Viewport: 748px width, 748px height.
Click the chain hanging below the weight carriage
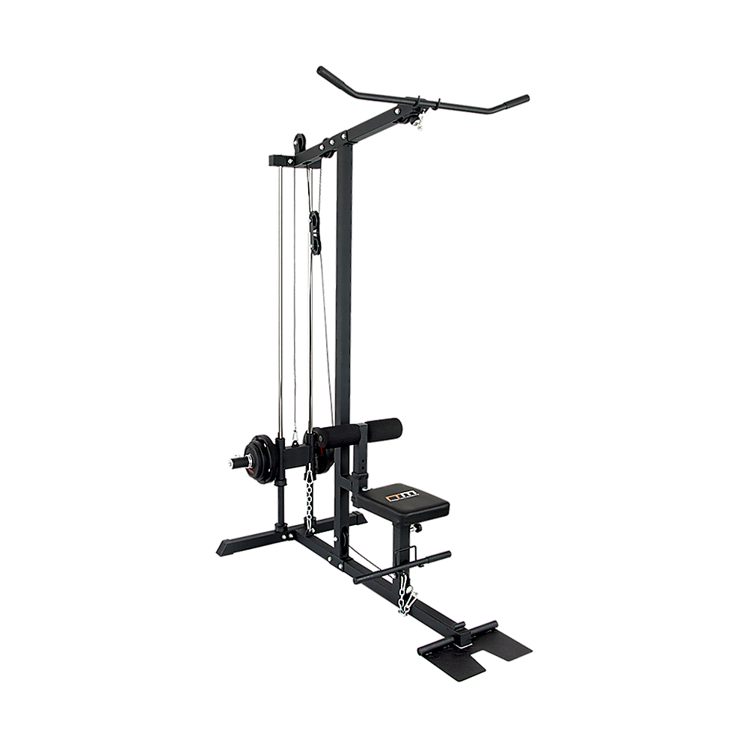pos(307,497)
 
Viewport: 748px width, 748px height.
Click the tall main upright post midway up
pos(343,299)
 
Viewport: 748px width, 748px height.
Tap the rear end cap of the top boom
pos(271,160)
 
